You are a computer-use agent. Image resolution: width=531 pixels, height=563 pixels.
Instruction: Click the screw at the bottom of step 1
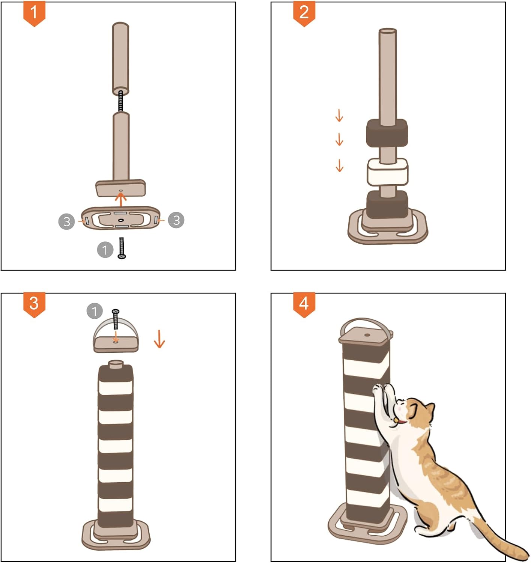coord(122,248)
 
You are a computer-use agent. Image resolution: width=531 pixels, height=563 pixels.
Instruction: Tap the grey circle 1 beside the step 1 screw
coord(105,250)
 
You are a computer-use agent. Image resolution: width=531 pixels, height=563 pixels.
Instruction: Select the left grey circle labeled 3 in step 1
coord(67,221)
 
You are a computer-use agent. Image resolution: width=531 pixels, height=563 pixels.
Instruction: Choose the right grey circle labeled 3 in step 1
coord(176,220)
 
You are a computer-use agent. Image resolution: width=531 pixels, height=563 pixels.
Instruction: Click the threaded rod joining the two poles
coord(121,101)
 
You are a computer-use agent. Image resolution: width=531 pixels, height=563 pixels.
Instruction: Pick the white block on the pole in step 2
coord(388,172)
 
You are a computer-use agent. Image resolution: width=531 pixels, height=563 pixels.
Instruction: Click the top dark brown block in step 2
coord(387,132)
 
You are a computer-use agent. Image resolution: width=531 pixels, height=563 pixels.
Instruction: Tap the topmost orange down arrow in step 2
coord(339,115)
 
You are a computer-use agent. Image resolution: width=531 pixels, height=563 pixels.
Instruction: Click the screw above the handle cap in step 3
coord(116,319)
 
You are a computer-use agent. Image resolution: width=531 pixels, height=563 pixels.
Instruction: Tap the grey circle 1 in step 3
coord(95,311)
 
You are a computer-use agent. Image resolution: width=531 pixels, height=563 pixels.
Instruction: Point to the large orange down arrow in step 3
coord(159,339)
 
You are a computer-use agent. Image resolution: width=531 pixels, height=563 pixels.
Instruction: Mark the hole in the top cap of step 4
coord(367,335)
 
